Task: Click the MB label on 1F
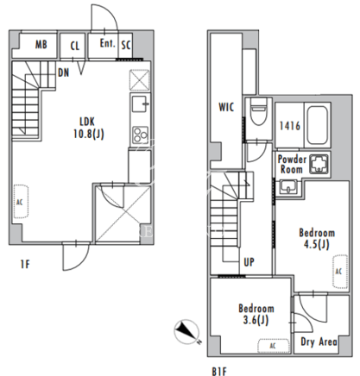coord(41,45)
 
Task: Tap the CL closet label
coord(75,46)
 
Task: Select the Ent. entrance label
coord(107,43)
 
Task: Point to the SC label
coord(126,45)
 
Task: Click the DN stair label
coord(64,72)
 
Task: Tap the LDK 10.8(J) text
coord(88,128)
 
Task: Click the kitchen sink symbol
coord(140,103)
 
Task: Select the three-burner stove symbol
coord(140,135)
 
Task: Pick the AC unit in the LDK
coord(21,202)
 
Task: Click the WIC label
coord(226,107)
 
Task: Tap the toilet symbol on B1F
coord(258,111)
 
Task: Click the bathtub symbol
coord(318,125)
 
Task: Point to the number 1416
coord(290,126)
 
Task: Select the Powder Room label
coord(292,165)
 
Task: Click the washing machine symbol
coord(319,165)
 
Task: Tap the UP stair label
coord(249,262)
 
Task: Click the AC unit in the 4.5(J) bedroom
coord(340,272)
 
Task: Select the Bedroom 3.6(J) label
coord(256,314)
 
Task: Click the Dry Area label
coord(319,342)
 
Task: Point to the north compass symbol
coord(186,331)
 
